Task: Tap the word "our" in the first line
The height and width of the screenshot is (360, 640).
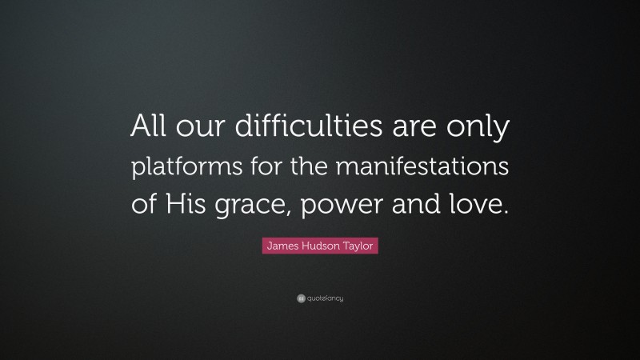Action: click(x=197, y=130)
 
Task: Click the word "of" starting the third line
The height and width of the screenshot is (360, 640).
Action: click(x=146, y=204)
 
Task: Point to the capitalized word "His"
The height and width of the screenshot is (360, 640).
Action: click(x=190, y=204)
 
